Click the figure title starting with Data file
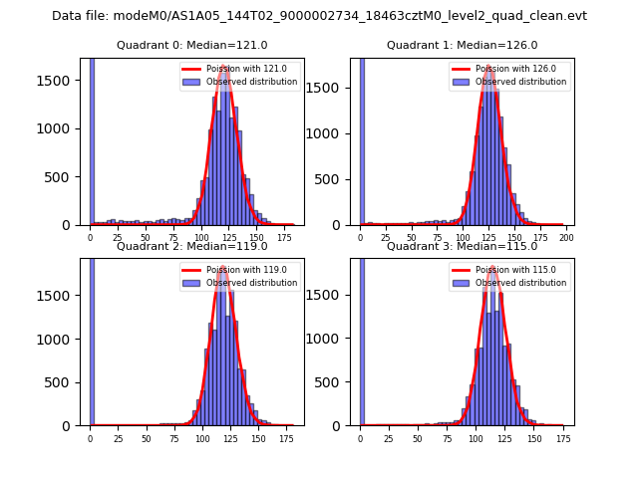point(319,16)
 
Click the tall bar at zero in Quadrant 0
point(92,139)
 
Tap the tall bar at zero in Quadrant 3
point(362,339)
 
